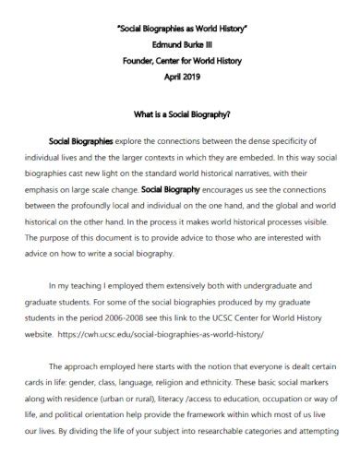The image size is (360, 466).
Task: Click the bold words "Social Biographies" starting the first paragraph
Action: coord(80,142)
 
